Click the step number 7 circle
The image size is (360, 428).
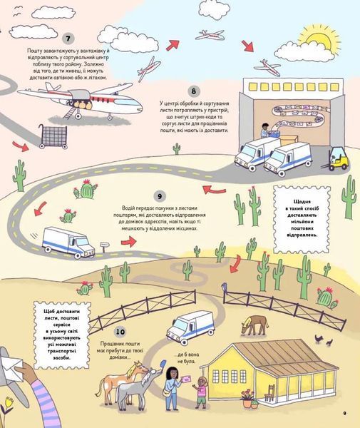[68, 39]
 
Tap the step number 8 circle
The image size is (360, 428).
[194, 91]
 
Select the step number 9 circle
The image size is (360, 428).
[160, 196]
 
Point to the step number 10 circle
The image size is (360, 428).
[120, 332]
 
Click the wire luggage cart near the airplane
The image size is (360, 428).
[53, 136]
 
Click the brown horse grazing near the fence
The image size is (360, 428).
[254, 325]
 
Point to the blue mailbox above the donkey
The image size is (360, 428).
[163, 364]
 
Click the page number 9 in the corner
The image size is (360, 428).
[344, 413]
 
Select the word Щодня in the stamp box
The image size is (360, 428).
[302, 202]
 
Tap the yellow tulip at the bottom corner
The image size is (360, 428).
[9, 402]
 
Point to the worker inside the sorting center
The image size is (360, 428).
[264, 131]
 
